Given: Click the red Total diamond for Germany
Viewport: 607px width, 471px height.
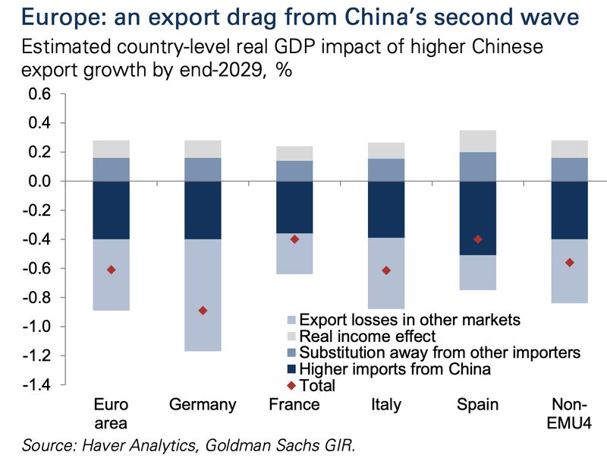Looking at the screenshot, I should click(203, 311).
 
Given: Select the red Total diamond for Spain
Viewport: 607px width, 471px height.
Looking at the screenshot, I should click(478, 239).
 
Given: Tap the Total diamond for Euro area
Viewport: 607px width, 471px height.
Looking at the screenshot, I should click(112, 270).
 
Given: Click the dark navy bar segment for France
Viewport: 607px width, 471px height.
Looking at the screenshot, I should click(294, 207).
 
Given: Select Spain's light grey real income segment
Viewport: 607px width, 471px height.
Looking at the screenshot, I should click(478, 141).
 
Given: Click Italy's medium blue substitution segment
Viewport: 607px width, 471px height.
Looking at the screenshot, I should click(386, 169).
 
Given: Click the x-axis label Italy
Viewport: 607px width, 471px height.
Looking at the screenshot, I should click(386, 405).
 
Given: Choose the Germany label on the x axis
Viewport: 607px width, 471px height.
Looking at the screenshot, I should click(203, 405).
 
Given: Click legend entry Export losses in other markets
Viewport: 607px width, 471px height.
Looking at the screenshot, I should click(410, 320).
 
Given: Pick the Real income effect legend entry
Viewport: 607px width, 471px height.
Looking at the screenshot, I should click(368, 336).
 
